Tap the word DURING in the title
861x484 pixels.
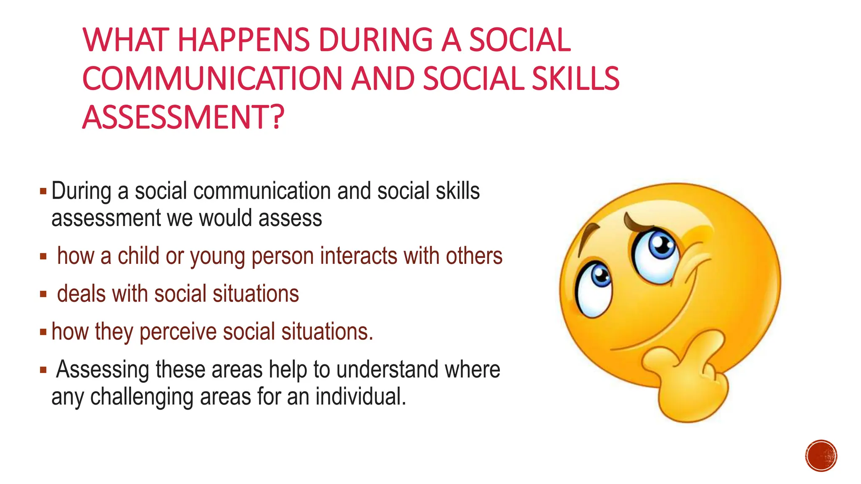[x=375, y=40]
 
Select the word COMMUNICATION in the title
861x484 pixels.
[x=212, y=79]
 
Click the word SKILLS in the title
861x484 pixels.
[x=575, y=79]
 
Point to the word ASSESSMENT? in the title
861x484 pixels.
[x=183, y=117]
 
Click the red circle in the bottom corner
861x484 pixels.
[x=821, y=456]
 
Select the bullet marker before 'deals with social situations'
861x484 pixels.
[x=43, y=294]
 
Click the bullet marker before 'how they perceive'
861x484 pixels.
[x=43, y=332]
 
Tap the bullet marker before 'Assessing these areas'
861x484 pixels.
[x=43, y=370]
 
